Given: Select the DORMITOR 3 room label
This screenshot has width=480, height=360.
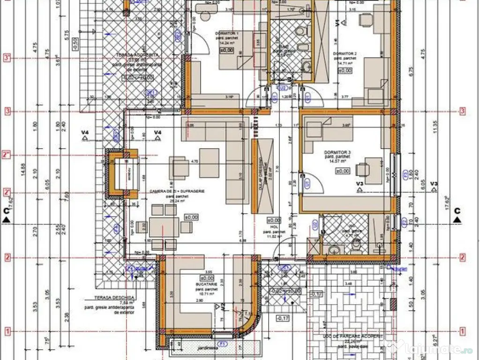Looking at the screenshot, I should (337, 153).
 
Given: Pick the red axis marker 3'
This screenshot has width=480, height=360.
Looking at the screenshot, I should (7, 58).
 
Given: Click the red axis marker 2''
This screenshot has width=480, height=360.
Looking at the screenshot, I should (7, 155).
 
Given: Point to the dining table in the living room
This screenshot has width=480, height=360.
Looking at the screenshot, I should (165, 226).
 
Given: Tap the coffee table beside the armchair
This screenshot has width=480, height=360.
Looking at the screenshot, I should (209, 162).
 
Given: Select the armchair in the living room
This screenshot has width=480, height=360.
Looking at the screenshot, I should (180, 167).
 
